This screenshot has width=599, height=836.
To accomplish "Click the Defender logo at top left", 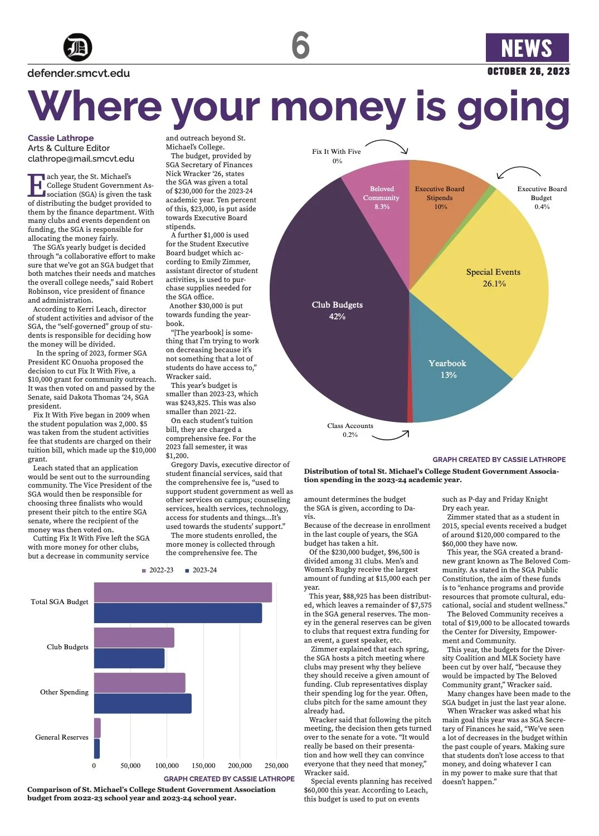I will (77, 47).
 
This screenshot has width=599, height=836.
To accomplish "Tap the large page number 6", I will (300, 45).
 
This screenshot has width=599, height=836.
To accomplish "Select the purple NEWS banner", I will (527, 48).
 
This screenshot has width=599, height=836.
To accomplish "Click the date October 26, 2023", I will (528, 71).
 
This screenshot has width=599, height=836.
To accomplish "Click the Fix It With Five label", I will (337, 152).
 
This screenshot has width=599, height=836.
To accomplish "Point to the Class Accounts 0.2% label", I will (350, 430).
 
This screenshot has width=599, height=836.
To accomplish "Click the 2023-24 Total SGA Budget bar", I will (178, 613).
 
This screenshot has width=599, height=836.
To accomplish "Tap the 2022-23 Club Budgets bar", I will (134, 637).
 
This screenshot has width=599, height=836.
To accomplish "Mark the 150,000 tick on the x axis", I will (203, 766).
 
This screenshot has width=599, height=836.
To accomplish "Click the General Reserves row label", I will (62, 737).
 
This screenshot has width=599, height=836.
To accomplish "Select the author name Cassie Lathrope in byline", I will (61, 138).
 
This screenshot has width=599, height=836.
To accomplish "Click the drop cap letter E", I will (36, 185).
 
